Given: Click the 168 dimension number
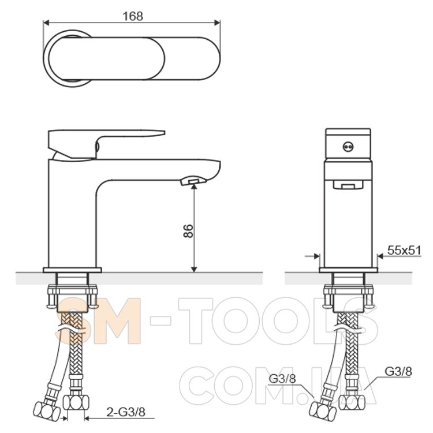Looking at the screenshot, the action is tap(133, 16).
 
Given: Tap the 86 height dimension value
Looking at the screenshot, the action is tap(188, 231).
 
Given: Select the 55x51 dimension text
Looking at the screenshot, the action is tap(404, 250).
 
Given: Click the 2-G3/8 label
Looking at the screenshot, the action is tap(126, 412).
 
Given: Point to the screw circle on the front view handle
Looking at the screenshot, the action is tap(348, 147).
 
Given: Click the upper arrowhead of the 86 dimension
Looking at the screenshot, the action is tap(195, 187).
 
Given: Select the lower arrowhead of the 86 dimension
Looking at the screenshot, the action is tap(195, 268).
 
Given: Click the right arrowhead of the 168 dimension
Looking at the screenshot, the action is tap(217, 23).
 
